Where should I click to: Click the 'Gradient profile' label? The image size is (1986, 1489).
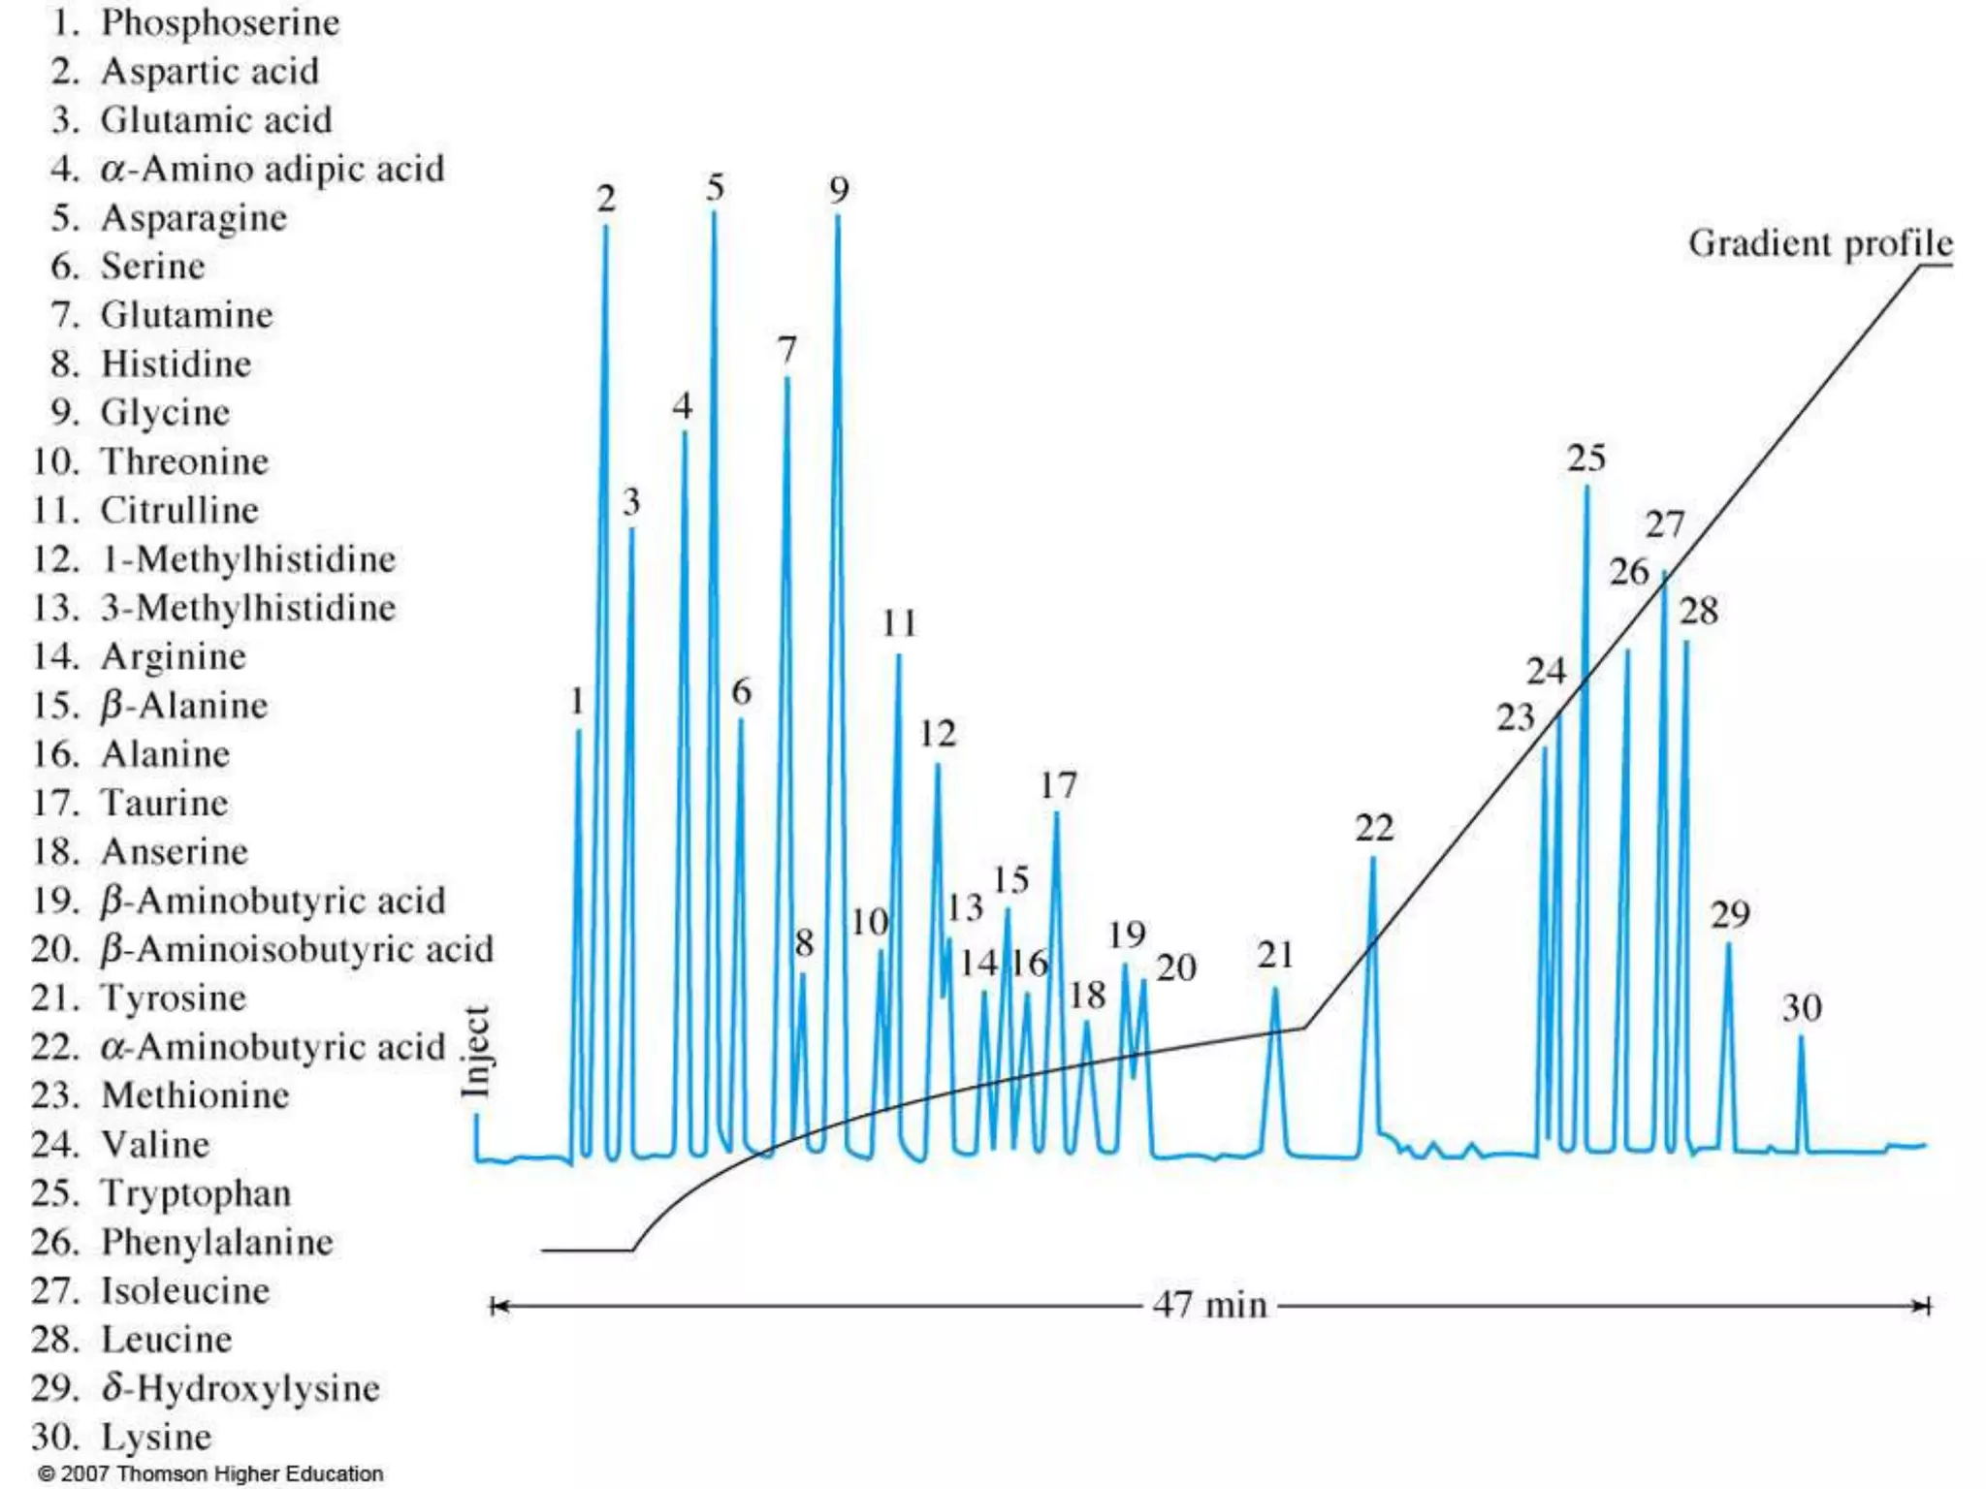point(1819,243)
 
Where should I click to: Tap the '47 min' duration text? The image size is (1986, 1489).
point(1209,1305)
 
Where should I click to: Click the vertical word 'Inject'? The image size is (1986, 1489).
point(475,1053)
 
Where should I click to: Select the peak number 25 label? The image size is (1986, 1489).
point(1586,458)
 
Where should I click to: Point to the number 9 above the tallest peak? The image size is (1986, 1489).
point(839,190)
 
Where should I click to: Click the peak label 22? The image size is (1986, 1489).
point(1374,828)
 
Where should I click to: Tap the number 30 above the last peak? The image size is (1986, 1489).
point(1801,1008)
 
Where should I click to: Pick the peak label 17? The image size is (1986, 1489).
point(1058,785)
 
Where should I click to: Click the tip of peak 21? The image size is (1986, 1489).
point(1275,990)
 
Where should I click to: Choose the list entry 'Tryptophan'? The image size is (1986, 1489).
point(196,1193)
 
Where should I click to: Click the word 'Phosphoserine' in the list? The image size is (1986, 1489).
point(220,22)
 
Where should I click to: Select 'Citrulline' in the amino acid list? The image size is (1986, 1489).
point(179,510)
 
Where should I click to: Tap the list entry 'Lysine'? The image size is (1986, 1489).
point(156,1437)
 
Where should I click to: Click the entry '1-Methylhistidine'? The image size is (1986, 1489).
point(248,559)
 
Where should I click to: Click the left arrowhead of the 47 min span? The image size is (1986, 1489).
point(496,1307)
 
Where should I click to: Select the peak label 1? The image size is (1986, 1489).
point(577,701)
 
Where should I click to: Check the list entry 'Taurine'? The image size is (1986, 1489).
point(164,803)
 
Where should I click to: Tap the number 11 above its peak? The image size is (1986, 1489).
point(899,623)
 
